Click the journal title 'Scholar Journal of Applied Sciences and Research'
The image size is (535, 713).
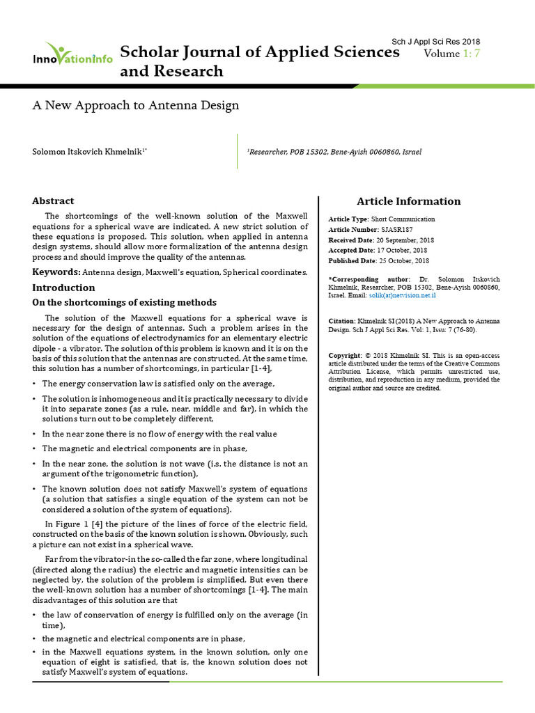[x=259, y=62]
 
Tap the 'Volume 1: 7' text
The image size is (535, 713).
[x=452, y=54]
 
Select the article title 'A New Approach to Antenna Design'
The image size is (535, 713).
[x=136, y=106]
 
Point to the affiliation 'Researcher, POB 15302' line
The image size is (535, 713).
[x=335, y=151]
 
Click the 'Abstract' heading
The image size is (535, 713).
[x=53, y=201]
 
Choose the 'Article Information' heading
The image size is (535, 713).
[x=408, y=201]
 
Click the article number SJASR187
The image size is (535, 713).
[x=398, y=229]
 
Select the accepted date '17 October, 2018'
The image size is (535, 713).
[x=402, y=250]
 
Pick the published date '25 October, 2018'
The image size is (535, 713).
[x=403, y=260]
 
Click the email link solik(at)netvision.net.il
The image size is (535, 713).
[x=403, y=296]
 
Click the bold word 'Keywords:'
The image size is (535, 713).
[x=56, y=272]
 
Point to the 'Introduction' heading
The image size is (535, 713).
[x=63, y=288]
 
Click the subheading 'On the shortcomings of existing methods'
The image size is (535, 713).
[x=125, y=302]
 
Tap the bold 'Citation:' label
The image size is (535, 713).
[x=341, y=321]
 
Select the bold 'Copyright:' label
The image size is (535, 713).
[x=345, y=356]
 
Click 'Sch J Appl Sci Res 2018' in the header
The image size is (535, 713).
[x=436, y=42]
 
